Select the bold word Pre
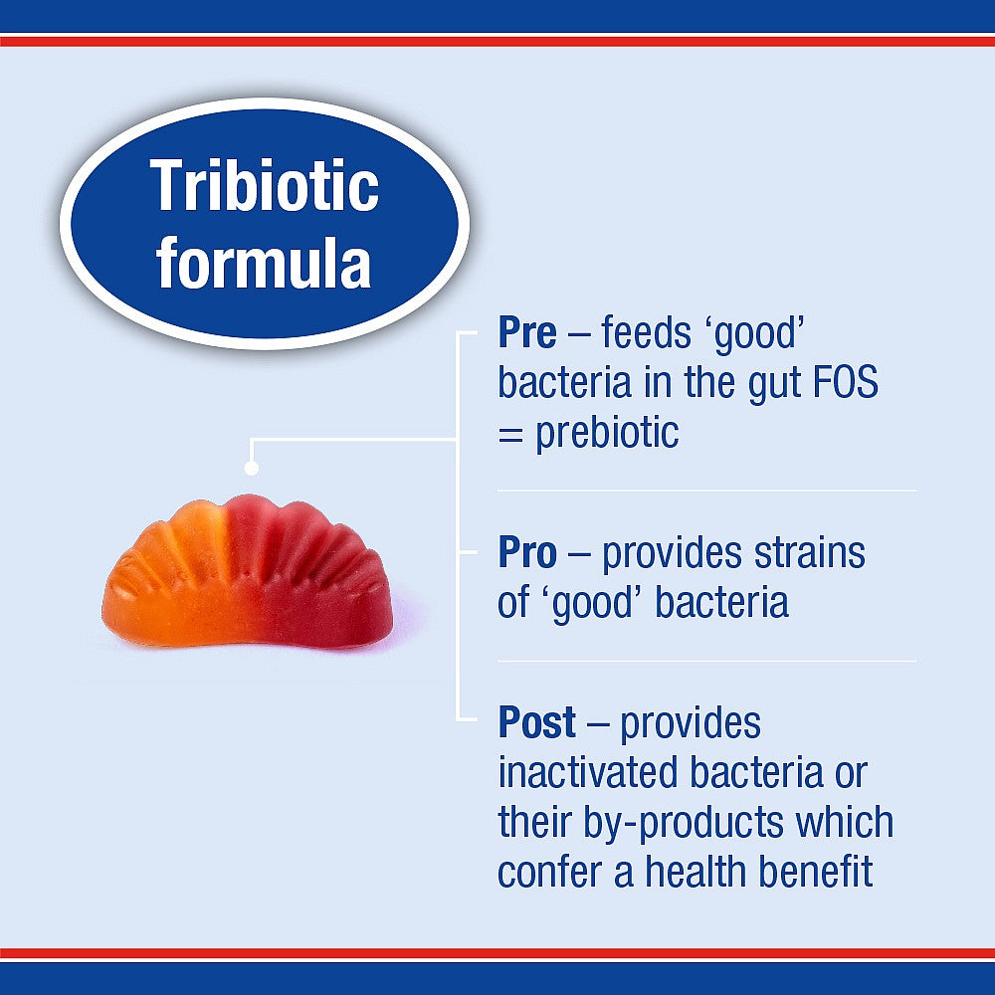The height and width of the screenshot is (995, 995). (x=527, y=334)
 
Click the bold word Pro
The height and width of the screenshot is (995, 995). (x=528, y=554)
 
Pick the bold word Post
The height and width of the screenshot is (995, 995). (x=537, y=723)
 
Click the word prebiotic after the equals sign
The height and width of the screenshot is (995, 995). (x=607, y=434)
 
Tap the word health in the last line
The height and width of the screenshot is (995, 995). (x=696, y=873)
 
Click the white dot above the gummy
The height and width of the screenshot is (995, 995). (x=252, y=468)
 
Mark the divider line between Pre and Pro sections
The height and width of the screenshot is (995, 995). (x=706, y=491)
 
